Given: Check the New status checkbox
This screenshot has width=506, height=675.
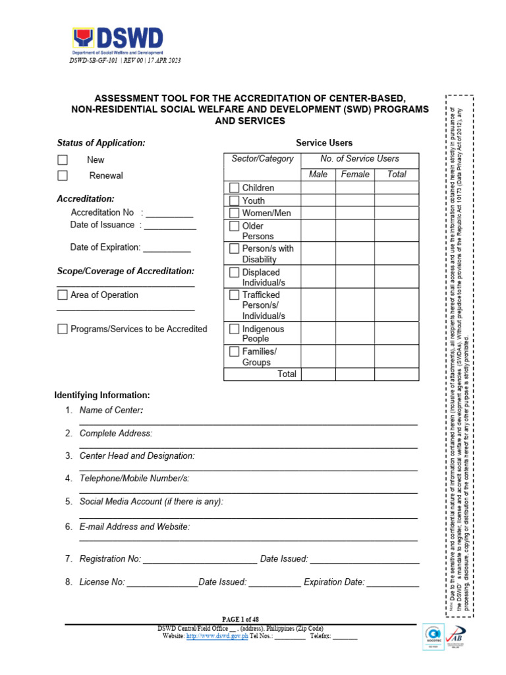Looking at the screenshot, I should click(63, 160).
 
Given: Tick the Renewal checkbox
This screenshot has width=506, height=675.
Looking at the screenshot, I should click(63, 175).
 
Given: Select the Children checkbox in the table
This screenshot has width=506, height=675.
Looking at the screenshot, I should click(234, 188).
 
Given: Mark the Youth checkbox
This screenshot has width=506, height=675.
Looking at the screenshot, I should click(234, 200).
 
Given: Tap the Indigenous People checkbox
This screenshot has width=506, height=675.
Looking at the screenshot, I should click(234, 329).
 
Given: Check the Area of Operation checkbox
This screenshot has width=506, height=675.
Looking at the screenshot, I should click(63, 295).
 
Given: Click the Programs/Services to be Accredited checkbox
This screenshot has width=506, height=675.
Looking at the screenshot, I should click(63, 329).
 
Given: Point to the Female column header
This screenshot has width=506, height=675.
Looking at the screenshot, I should click(355, 174).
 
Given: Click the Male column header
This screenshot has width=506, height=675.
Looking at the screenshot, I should click(318, 174).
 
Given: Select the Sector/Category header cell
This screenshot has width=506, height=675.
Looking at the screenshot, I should click(262, 159).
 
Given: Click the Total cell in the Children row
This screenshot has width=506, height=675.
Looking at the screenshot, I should click(397, 188).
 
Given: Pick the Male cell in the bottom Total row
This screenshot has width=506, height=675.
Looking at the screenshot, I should click(318, 374).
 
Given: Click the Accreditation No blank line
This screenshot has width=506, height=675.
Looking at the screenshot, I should click(169, 214).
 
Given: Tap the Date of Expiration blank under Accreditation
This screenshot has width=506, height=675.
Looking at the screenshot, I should click(167, 249).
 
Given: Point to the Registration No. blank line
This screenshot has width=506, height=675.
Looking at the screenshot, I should click(200, 559).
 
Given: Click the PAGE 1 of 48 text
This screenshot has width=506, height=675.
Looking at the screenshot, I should click(240, 619).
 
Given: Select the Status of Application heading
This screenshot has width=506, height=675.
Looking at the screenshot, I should click(101, 142).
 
